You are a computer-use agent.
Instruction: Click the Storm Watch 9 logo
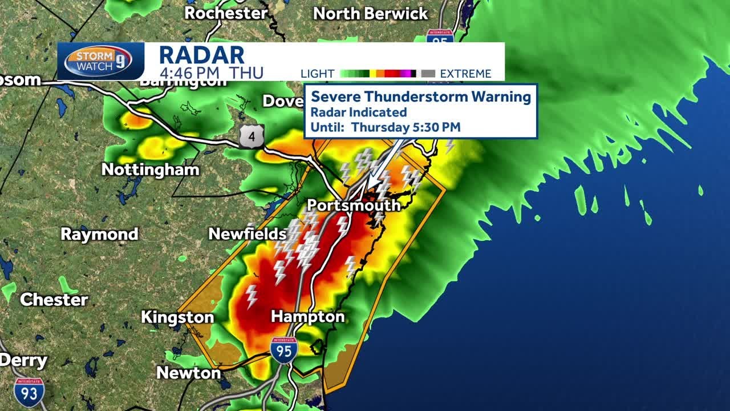coord(98,61)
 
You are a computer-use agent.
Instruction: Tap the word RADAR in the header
coord(201,55)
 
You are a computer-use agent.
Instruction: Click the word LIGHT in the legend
coord(317,74)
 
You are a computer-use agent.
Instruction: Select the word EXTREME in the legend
coord(465,74)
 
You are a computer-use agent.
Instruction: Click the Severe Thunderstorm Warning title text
coord(421,96)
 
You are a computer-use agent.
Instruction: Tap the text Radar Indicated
coord(358,112)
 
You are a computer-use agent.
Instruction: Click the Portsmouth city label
coord(354,205)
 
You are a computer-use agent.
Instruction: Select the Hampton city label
coord(308,316)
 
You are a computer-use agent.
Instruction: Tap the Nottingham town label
coord(151,170)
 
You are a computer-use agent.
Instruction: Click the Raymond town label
coord(100,234)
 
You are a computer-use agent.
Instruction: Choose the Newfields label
coord(248,233)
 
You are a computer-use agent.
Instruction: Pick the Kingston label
coord(177,317)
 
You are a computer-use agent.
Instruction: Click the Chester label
coord(54,300)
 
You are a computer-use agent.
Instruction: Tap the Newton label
coord(188,373)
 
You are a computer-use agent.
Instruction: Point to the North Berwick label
coord(371,14)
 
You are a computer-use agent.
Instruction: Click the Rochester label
coord(226,13)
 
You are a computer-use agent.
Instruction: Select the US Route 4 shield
coord(252,137)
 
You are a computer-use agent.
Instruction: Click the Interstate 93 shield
coord(29,392)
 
